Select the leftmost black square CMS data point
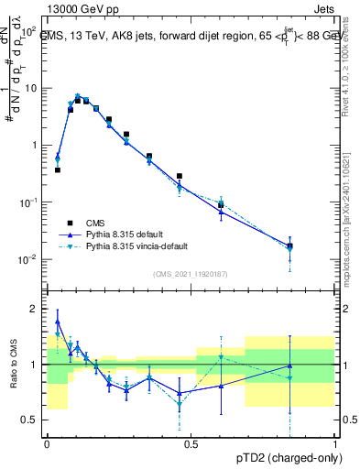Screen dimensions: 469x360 coord(57,169)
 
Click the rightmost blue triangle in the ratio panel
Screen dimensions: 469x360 coord(290,366)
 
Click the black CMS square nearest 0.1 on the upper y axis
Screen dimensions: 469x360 coord(220,204)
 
